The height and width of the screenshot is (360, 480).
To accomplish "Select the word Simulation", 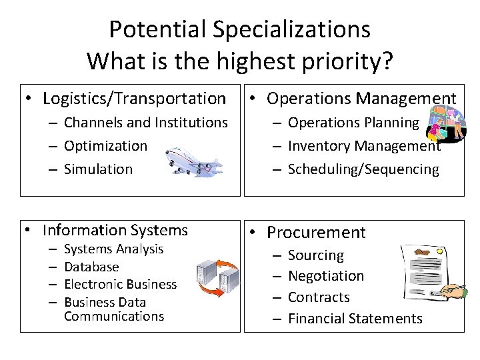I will (98, 169).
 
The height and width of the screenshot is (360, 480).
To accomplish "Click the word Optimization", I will (105, 145).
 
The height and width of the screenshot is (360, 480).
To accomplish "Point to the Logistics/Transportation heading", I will (134, 99).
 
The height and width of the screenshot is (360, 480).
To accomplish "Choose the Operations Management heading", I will (361, 99).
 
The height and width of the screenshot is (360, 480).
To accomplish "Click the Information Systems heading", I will (115, 231).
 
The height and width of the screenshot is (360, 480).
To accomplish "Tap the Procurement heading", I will (316, 233).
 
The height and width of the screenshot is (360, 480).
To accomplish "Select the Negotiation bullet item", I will (325, 276).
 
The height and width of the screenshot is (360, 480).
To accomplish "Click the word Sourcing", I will (316, 255).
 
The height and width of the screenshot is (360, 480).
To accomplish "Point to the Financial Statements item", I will (355, 319).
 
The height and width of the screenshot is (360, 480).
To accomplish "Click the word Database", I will (91, 267).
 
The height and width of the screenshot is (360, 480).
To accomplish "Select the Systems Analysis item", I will (113, 249).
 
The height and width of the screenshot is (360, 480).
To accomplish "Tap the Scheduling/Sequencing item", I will (363, 169).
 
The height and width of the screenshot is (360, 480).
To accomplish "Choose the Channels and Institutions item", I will (145, 123).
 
